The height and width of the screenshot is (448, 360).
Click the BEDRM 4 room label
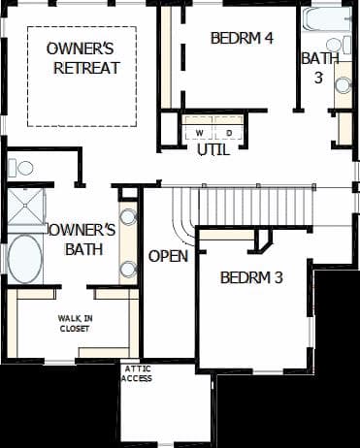tap(242, 38)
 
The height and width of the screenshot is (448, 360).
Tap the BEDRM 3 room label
tap(251, 277)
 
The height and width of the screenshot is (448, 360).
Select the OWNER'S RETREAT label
tap(82, 58)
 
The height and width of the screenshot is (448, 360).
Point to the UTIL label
tap(213, 150)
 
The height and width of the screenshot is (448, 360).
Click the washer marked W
tap(200, 133)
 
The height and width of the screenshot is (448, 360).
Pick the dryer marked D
tap(229, 133)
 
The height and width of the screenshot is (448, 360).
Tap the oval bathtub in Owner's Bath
tap(24, 260)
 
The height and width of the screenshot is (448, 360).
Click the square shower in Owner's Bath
tap(26, 207)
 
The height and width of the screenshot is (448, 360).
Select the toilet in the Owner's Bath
tap(20, 168)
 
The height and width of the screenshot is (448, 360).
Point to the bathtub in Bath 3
tap(327, 19)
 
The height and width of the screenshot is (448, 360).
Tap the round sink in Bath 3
tap(344, 85)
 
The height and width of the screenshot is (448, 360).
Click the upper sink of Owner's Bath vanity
tap(128, 217)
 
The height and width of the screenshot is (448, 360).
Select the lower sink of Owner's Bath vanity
tap(128, 270)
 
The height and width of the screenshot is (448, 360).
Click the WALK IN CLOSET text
tap(75, 324)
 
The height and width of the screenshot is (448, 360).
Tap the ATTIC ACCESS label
tap(137, 373)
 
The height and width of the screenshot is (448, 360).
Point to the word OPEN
tap(168, 256)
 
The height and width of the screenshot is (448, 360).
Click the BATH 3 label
tap(320, 68)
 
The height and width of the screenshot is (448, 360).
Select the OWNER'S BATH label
tap(82, 240)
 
